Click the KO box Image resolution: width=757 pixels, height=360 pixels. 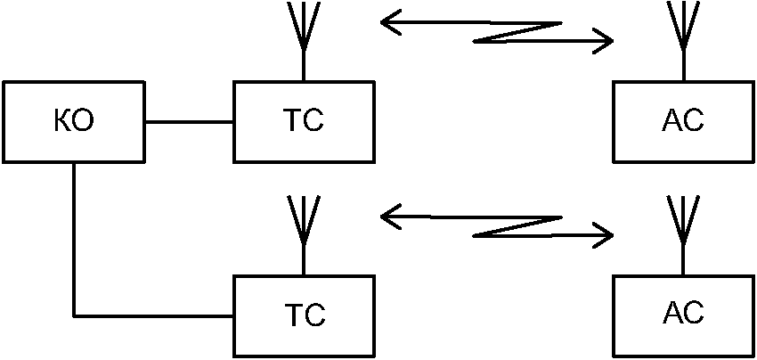pyautogui.click(x=73, y=122)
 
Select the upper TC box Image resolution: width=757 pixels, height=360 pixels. pyautogui.click(x=304, y=122)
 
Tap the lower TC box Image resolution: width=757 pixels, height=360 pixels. pyautogui.click(x=304, y=316)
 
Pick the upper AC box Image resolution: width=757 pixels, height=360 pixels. pyautogui.click(x=684, y=122)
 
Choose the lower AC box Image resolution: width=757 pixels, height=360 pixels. pyautogui.click(x=684, y=316)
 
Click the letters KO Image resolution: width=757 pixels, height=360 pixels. pyautogui.click(x=74, y=122)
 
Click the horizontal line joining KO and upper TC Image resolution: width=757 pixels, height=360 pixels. pyautogui.click(x=189, y=122)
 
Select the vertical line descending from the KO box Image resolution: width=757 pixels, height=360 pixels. pyautogui.click(x=74, y=240)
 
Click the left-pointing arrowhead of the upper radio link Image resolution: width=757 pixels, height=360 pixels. pyautogui.click(x=391, y=22)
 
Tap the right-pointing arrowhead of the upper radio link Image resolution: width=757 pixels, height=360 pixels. pyautogui.click(x=603, y=41)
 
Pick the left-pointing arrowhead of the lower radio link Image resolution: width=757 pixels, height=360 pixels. pyautogui.click(x=391, y=217)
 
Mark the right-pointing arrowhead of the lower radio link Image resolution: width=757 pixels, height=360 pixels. pyautogui.click(x=603, y=235)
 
